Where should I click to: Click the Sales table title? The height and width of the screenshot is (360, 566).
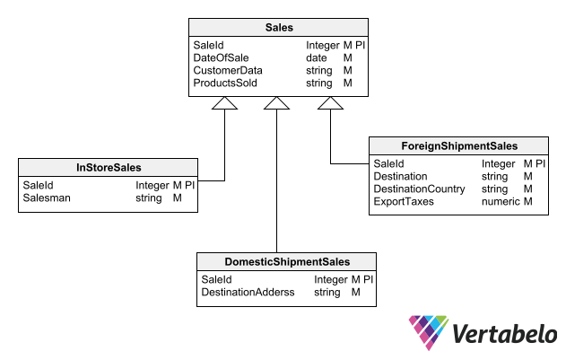pos(279,28)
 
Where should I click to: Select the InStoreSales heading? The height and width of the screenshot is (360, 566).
pos(109,167)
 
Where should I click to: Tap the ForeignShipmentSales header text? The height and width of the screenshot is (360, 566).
pos(459,146)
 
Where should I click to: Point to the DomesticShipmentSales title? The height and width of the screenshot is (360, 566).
pos(287,261)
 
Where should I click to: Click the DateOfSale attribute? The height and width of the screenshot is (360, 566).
pos(221,57)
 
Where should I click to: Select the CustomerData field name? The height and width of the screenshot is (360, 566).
pos(228,71)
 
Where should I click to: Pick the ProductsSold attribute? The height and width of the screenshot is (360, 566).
pos(225,83)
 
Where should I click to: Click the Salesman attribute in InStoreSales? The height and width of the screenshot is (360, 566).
pos(47,198)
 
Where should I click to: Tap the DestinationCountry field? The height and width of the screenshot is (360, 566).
pos(419,189)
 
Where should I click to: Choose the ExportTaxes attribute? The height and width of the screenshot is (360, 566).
pos(404,202)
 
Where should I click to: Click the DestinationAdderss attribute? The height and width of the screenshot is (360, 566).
pos(248,292)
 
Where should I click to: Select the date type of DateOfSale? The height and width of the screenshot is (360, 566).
pos(317,57)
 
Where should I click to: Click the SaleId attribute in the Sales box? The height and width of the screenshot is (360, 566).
pos(209,45)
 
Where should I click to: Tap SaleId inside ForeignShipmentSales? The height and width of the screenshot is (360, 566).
pos(388,163)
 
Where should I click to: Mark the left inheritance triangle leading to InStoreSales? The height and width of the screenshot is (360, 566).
pos(224,103)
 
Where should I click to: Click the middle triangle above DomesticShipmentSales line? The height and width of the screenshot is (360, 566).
pos(276,103)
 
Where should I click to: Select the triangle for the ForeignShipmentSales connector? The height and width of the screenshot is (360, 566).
pos(330,103)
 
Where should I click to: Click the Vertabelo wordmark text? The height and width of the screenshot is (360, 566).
pos(505,333)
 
